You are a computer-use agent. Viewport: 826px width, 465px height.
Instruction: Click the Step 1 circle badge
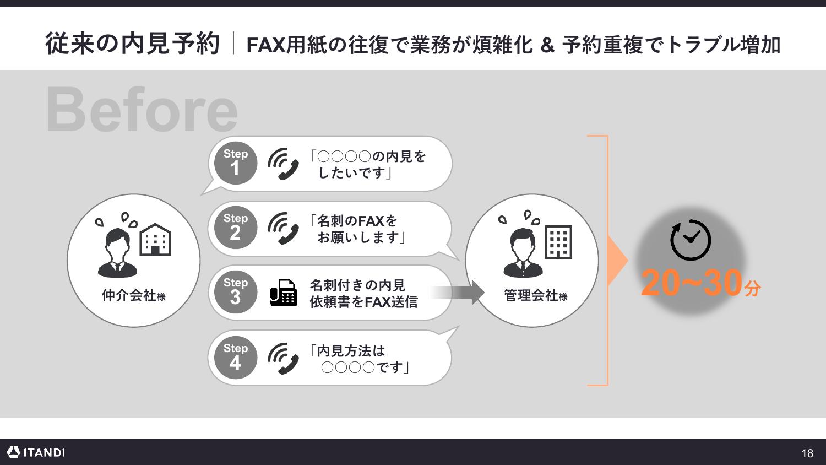tap(236, 163)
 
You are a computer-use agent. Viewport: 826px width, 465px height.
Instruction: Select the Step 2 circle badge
tap(236, 228)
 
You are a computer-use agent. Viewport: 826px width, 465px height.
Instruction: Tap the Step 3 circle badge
tap(236, 292)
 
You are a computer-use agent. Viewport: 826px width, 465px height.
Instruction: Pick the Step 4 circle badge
tap(236, 358)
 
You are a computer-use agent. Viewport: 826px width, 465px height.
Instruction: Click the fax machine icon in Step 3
tap(283, 293)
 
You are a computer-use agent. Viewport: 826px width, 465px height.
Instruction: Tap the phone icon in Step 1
tap(283, 164)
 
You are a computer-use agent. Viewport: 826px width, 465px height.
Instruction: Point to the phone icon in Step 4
tap(283, 358)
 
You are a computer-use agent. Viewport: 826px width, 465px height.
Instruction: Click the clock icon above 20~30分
tap(691, 240)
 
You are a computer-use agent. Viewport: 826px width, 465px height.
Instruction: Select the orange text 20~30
tap(692, 283)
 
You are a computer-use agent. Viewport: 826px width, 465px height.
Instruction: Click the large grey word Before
tap(142, 109)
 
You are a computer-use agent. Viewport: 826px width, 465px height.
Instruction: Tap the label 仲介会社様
tap(133, 296)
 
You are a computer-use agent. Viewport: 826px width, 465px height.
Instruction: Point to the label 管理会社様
tap(535, 296)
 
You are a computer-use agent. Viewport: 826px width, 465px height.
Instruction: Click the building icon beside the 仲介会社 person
tap(155, 239)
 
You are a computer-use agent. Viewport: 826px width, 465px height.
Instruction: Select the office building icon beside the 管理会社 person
tap(559, 242)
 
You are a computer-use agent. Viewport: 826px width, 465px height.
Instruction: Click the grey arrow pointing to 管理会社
tap(457, 293)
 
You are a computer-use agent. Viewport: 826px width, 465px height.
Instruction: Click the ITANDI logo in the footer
tap(36, 452)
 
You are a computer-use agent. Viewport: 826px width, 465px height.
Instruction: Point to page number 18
tap(807, 453)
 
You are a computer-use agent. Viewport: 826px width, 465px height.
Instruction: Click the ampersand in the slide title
tap(547, 45)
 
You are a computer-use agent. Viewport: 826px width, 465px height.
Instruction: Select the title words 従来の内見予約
tap(132, 44)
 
